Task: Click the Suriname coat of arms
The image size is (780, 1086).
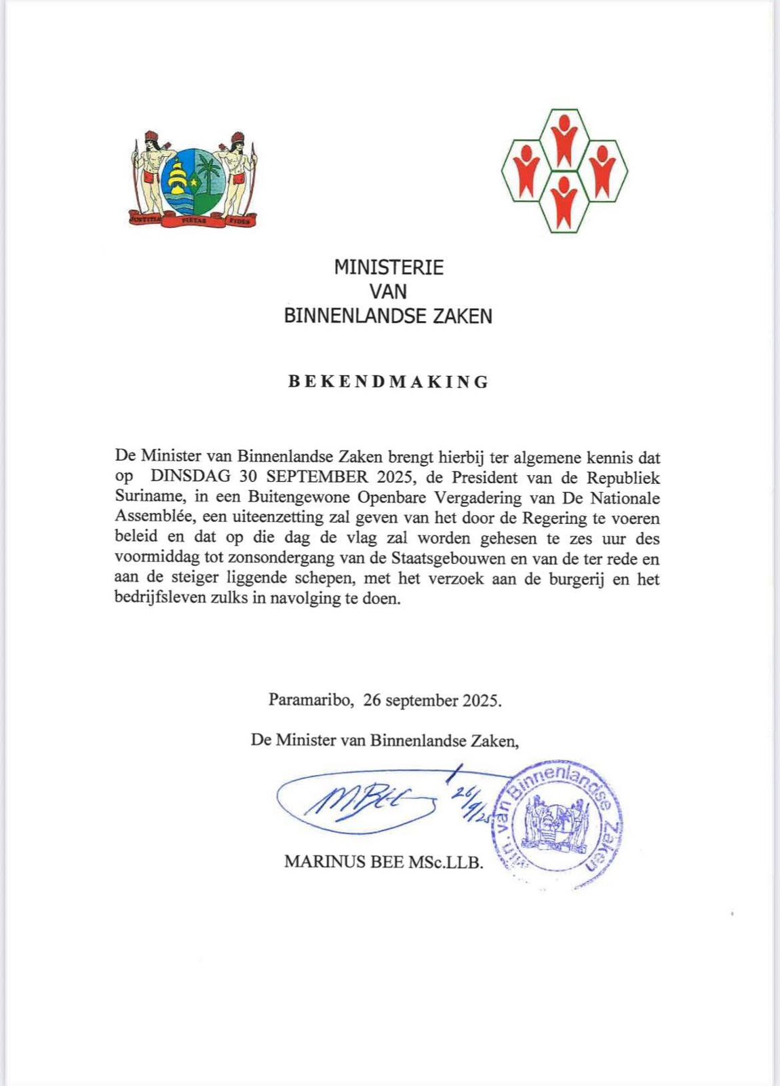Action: [194, 179]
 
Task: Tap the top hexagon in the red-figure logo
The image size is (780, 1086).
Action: [564, 138]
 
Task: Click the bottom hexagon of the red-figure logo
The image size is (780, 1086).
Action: [564, 202]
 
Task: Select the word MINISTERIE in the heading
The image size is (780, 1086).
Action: [389, 267]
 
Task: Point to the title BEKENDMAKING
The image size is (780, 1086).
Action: [389, 381]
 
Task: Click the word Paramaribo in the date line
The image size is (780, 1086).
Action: [311, 700]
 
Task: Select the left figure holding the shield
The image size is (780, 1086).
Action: [151, 176]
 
